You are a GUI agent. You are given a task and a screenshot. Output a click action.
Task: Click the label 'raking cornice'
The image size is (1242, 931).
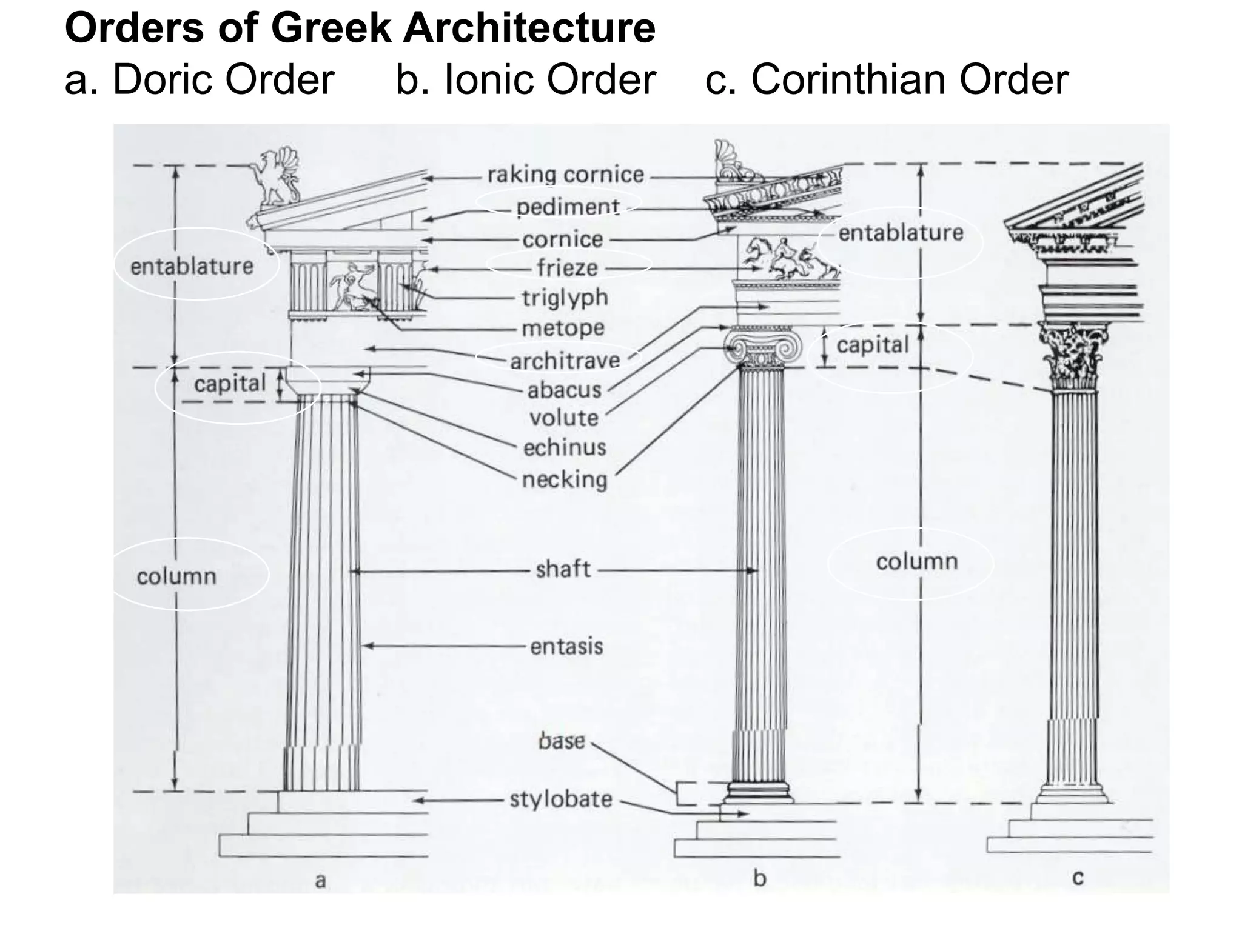coord(565,175)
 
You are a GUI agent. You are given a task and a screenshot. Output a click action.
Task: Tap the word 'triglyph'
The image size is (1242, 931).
coord(565,298)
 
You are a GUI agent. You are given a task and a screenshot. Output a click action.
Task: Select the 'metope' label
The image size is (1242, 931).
coord(563,329)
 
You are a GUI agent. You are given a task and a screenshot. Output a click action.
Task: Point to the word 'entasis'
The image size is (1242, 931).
coord(566,647)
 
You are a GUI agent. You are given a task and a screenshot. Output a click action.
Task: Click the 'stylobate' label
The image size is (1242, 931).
coord(561,799)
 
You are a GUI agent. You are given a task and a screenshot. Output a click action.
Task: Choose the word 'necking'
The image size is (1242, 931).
coord(565,480)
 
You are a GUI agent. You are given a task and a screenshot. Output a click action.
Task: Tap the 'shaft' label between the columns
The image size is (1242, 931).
coord(563,569)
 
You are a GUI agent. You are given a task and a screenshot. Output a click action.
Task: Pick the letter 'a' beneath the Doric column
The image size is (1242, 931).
coord(321,880)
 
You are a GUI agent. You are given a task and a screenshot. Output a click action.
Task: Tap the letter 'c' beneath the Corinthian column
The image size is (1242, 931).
coord(1078,878)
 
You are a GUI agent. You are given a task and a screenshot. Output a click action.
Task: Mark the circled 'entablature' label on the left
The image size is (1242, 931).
coord(192,266)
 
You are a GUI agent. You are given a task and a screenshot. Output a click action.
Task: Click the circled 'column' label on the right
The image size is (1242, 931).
coord(916,562)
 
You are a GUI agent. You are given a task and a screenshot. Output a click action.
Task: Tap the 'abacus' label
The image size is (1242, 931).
coord(564,390)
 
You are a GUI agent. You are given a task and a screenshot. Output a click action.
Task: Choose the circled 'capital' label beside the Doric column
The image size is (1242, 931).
coord(230,384)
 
